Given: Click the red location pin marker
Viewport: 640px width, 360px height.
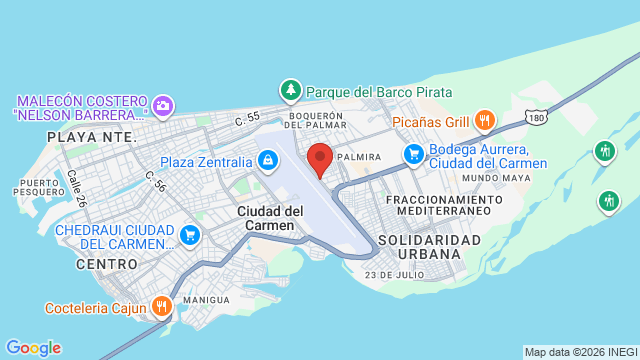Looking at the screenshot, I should coord(320,159).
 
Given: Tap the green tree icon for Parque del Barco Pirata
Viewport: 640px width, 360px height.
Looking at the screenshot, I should coord(291,90).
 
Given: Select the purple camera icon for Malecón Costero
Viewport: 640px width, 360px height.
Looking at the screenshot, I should coord(163,104).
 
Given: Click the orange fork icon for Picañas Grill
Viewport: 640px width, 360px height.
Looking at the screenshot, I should coord(485,120).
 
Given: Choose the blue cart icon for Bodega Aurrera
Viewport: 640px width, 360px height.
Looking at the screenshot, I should coord(413,154).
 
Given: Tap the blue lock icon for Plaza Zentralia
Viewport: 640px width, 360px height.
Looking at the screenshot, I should coord(267,160).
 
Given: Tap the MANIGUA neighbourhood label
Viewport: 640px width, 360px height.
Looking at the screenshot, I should coord(207,300).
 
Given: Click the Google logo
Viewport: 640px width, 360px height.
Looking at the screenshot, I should coord(33,347).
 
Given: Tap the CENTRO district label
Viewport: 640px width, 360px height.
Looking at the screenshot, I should coord(105,264).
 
